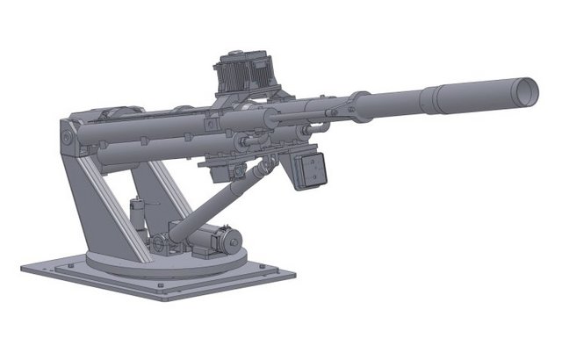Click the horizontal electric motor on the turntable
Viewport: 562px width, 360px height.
click(220, 239)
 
